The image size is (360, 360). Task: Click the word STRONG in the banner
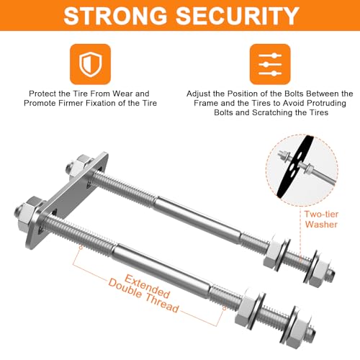pos(115,16)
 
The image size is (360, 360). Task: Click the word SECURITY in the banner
pos(238,16)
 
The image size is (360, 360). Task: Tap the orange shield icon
pos(90,64)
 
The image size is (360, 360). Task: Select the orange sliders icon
pos(270,64)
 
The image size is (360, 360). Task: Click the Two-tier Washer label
pos(321,219)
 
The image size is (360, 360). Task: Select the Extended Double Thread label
pos(144,294)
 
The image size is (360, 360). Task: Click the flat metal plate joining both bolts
pos(67,199)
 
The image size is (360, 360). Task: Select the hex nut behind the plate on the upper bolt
pos(79,166)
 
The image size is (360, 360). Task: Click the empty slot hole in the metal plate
pos(55,213)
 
